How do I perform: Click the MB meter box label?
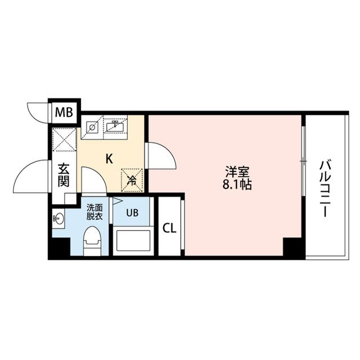pos(64,112)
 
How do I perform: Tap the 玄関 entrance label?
pos(64,174)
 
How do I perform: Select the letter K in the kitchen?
pos(109,159)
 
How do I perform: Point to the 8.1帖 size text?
pos(237,184)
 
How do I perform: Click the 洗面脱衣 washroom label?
pos(93,210)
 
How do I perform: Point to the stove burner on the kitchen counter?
pos(92,127)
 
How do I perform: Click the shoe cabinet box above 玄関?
pos(64,140)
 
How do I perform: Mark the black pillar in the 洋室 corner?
pos(292,247)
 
